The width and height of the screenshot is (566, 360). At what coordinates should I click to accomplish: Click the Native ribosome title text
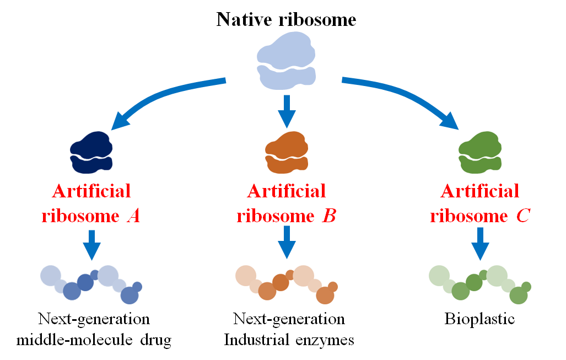tap(286, 20)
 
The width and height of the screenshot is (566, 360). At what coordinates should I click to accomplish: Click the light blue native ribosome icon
tap(286, 60)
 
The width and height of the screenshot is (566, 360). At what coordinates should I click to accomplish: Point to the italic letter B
tap(328, 216)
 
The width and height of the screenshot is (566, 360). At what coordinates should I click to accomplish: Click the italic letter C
tap(522, 216)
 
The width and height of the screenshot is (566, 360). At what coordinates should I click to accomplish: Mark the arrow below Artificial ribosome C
tap(480, 243)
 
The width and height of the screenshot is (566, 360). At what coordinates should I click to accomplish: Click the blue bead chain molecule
tap(91, 283)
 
